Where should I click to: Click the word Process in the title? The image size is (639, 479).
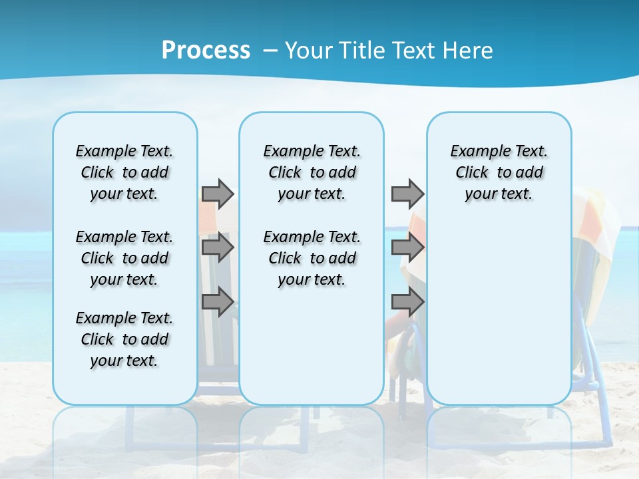pyautogui.click(x=206, y=51)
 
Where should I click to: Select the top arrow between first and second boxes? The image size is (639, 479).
pyautogui.click(x=218, y=194)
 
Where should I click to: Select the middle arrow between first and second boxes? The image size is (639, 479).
pyautogui.click(x=218, y=248)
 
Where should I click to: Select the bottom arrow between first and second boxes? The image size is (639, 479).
pyautogui.click(x=218, y=303)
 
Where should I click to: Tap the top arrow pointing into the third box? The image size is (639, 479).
pyautogui.click(x=407, y=194)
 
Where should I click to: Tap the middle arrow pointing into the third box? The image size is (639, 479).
pyautogui.click(x=407, y=248)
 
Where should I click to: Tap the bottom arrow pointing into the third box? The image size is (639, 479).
pyautogui.click(x=407, y=303)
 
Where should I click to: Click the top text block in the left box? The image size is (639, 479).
pyautogui.click(x=124, y=172)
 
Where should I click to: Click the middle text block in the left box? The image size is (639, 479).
pyautogui.click(x=124, y=258)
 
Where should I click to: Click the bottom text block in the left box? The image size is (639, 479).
pyautogui.click(x=124, y=339)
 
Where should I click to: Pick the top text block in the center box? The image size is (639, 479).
pyautogui.click(x=312, y=172)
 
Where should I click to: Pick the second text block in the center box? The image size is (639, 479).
pyautogui.click(x=312, y=258)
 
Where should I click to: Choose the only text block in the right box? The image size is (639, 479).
pyautogui.click(x=499, y=172)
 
